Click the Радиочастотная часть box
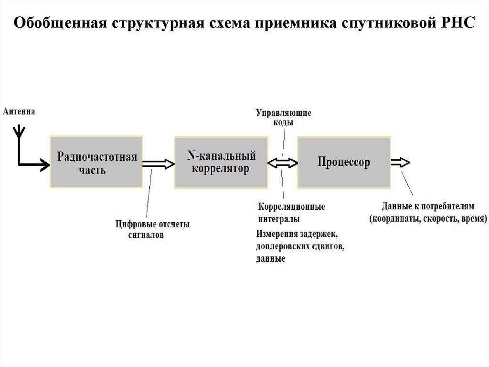tap(96, 162)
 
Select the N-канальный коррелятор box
tap(221, 162)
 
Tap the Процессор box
tap(343, 162)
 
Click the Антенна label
tap(19, 112)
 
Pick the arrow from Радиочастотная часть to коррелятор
tap(158, 163)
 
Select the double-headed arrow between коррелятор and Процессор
tap(282, 163)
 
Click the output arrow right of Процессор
tap(400, 162)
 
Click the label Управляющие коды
tap(283, 118)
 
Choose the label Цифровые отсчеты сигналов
tap(152, 229)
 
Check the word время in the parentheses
tap(473, 219)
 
